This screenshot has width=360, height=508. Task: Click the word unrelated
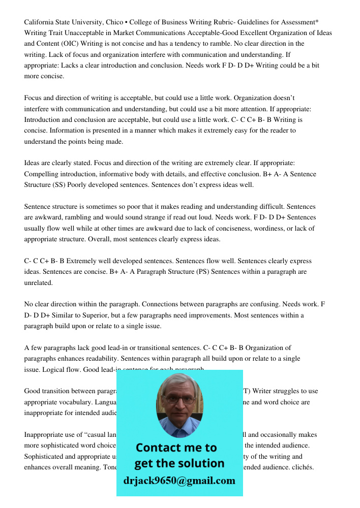pos(39,282)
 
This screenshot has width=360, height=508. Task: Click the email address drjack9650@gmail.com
pos(179,481)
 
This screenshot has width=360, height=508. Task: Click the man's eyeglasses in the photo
pos(179,399)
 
